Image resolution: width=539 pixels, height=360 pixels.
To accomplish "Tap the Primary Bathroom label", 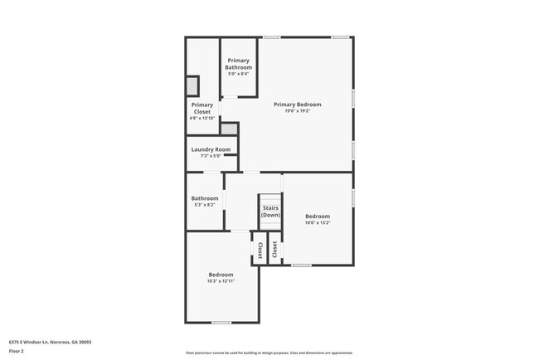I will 239,64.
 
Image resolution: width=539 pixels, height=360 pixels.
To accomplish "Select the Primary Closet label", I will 202,108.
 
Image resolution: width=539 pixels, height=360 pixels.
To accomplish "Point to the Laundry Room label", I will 211,149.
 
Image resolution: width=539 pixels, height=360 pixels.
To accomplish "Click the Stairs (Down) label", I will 270,212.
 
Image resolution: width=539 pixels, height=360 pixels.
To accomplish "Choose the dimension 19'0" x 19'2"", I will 298,111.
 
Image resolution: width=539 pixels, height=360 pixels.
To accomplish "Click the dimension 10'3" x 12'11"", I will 221,281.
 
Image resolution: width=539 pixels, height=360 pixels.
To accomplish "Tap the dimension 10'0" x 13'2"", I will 318,222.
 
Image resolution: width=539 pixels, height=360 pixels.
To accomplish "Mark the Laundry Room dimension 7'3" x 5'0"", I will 211,156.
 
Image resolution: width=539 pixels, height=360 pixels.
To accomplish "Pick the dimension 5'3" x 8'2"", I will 205,205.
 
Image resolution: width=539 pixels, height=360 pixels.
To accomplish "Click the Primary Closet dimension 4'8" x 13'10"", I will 202,119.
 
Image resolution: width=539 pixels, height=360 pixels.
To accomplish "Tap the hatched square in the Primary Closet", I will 192,85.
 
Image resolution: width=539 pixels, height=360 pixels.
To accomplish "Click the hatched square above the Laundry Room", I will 229,129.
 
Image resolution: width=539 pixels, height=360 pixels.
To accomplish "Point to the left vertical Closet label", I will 260,248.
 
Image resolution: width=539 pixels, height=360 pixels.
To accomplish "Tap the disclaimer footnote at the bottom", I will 269,353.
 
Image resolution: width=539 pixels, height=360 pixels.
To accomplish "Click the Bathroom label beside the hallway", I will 205,198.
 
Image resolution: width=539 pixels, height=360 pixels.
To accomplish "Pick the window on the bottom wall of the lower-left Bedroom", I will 221,323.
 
